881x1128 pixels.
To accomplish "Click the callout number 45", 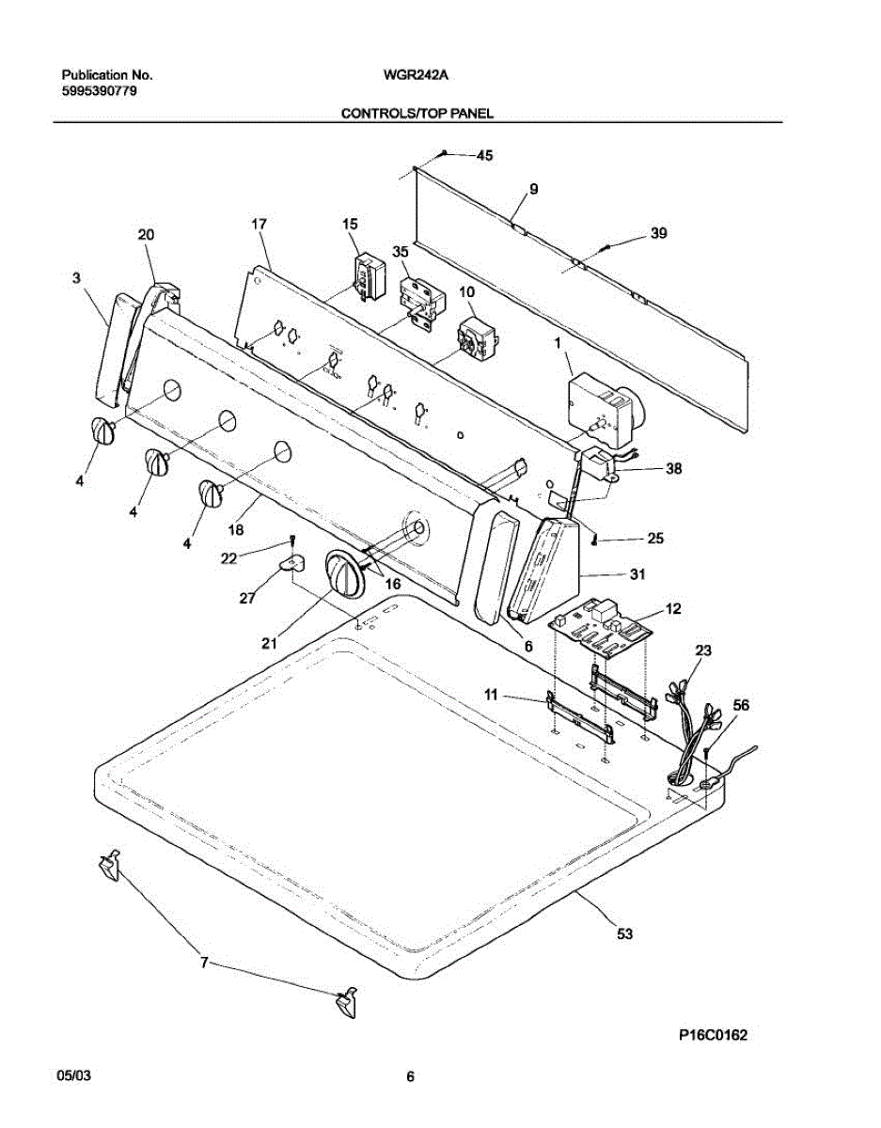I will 484,156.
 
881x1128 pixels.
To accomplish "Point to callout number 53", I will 624,933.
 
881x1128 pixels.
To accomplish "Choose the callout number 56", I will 742,704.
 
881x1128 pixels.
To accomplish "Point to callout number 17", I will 260,224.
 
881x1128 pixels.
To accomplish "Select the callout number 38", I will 674,468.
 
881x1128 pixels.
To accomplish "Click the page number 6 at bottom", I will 410,1077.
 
